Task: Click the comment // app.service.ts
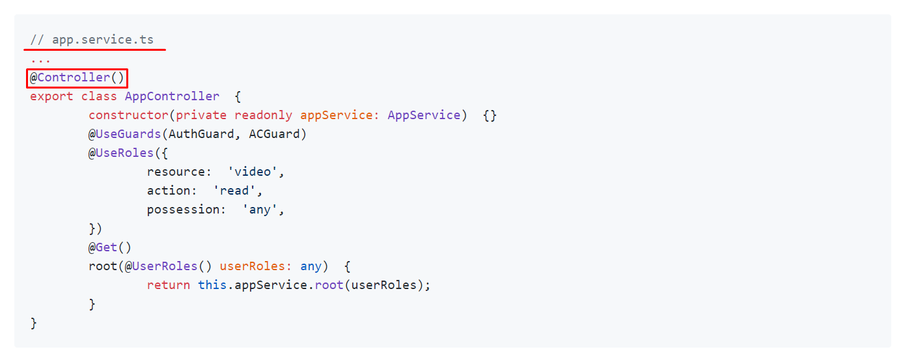[92, 40]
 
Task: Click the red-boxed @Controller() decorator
[77, 78]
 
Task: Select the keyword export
[51, 96]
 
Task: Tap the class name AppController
[172, 96]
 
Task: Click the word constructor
[128, 115]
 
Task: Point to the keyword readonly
[263, 115]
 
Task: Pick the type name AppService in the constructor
[424, 115]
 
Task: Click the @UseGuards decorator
[125, 134]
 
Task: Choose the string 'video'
[256, 172]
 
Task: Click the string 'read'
[238, 191]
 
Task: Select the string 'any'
[263, 210]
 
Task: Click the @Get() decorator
[110, 247]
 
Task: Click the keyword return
[169, 285]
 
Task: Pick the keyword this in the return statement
[212, 285]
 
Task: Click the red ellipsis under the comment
[40, 59]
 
